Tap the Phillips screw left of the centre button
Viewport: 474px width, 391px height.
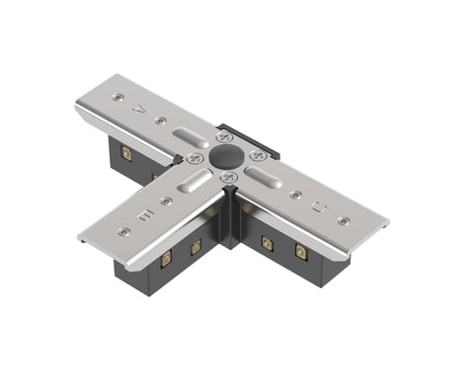[196, 158]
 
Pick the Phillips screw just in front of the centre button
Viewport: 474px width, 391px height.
[228, 177]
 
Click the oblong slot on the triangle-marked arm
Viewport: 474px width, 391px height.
[191, 136]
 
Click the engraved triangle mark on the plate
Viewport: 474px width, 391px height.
[140, 111]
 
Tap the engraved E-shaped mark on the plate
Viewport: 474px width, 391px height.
[144, 213]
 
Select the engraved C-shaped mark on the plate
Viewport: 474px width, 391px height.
[318, 208]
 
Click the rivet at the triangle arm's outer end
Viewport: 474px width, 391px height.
[118, 98]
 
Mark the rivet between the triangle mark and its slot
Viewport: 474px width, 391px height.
[160, 120]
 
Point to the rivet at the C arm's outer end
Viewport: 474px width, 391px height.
[342, 221]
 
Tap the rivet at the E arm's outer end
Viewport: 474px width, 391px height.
[123, 232]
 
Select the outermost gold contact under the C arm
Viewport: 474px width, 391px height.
[301, 253]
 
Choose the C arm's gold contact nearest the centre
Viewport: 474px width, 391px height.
[267, 241]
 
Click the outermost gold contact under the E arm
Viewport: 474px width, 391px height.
[165, 258]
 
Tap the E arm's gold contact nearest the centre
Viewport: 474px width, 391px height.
[196, 245]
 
